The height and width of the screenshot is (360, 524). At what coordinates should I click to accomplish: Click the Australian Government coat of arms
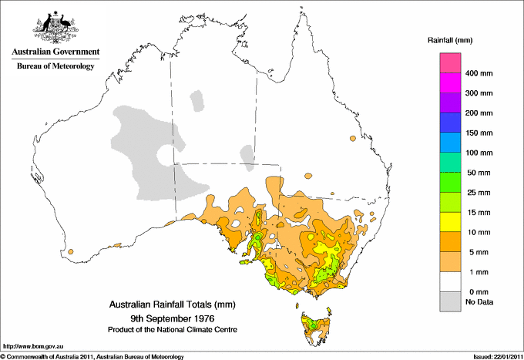coord(55,27)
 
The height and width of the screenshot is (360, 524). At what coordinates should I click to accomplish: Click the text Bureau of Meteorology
coord(55,66)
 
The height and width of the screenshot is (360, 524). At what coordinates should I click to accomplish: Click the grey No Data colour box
coord(449,301)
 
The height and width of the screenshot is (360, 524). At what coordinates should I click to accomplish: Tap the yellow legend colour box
coord(449,222)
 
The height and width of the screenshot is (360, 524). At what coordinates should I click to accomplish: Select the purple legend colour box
coord(449,103)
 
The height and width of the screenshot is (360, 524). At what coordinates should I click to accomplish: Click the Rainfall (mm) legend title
coord(455,39)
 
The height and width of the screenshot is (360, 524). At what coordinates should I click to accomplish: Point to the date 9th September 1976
coord(171,318)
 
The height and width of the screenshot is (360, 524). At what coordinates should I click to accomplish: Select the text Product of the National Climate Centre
coord(171,329)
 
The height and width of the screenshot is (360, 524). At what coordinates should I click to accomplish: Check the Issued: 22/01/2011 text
coord(493,356)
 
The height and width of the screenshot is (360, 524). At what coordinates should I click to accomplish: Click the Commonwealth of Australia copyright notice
coord(92,356)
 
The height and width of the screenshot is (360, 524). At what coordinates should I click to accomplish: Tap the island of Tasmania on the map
coord(314,325)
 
